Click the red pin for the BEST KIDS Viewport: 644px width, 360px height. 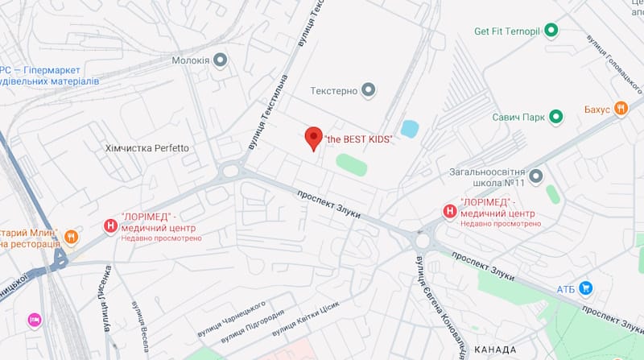click(x=314, y=139)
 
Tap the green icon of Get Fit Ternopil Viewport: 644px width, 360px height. click(x=551, y=31)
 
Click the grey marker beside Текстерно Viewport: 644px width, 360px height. click(x=369, y=90)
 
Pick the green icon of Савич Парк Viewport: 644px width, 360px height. click(x=555, y=118)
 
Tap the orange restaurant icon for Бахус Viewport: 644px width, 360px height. click(x=620, y=108)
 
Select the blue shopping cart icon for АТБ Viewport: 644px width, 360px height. click(x=586, y=288)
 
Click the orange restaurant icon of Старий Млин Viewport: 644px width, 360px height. click(x=72, y=237)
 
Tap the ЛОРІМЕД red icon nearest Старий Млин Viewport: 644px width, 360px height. click(x=111, y=227)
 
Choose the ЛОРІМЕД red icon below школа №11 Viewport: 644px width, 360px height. click(x=449, y=212)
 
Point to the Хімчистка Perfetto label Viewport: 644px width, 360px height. click(x=147, y=148)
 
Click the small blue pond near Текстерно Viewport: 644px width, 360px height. click(x=410, y=129)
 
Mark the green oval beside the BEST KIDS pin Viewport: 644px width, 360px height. click(x=351, y=163)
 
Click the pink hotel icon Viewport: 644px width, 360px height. click(x=35, y=320)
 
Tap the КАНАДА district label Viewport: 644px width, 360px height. click(x=496, y=350)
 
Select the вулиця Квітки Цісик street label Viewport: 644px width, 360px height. click(x=306, y=319)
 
